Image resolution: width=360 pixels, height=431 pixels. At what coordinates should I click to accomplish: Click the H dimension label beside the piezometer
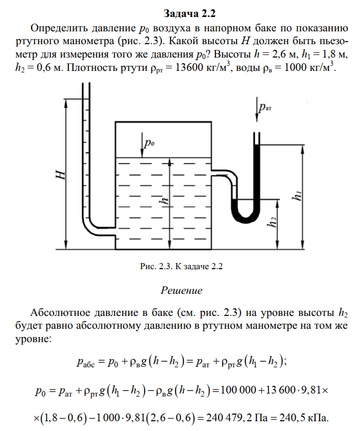pos(60,175)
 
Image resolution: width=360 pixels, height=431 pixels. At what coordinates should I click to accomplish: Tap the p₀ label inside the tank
pos(149,144)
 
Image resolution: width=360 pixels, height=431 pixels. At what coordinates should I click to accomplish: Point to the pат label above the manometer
pos(266,107)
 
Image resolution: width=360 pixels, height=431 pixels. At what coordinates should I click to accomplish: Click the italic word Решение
pos(182,290)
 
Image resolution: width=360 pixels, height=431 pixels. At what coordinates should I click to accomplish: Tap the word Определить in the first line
pos(59,27)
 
